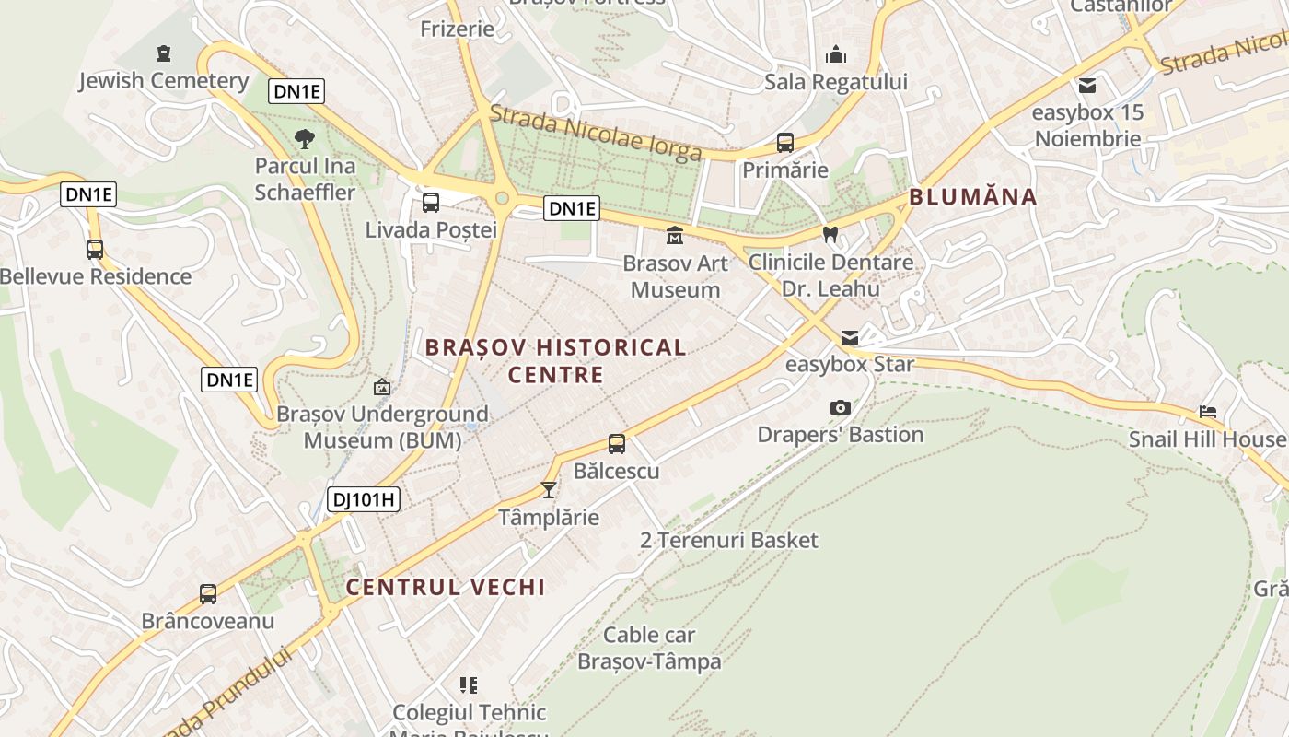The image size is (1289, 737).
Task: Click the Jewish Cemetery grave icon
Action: (164, 53)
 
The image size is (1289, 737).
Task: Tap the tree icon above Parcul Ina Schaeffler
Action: (305, 139)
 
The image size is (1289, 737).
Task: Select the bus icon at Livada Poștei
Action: (430, 203)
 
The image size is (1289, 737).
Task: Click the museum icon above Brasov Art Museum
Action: (675, 236)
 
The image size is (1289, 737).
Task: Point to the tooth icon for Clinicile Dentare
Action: (830, 235)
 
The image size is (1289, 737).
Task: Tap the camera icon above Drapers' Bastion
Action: (840, 407)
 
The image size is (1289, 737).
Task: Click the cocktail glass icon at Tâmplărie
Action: (549, 489)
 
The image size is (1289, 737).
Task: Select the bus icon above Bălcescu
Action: (617, 444)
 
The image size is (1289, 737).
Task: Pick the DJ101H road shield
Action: (364, 500)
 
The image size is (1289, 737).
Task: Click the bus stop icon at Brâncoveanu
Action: (208, 594)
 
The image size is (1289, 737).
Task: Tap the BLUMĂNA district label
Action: (973, 196)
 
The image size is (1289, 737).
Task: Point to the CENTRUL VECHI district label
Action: (446, 587)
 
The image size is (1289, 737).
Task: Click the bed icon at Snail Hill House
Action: (1208, 412)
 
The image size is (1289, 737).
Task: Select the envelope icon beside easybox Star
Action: (849, 337)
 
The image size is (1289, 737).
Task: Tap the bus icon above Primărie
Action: (785, 143)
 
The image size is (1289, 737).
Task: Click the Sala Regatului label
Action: (836, 82)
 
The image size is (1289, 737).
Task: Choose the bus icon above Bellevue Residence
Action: (95, 249)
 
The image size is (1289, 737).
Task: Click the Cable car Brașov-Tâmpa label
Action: (649, 648)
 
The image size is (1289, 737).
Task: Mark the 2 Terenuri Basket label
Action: (728, 540)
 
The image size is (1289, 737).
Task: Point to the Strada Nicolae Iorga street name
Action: (595, 135)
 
